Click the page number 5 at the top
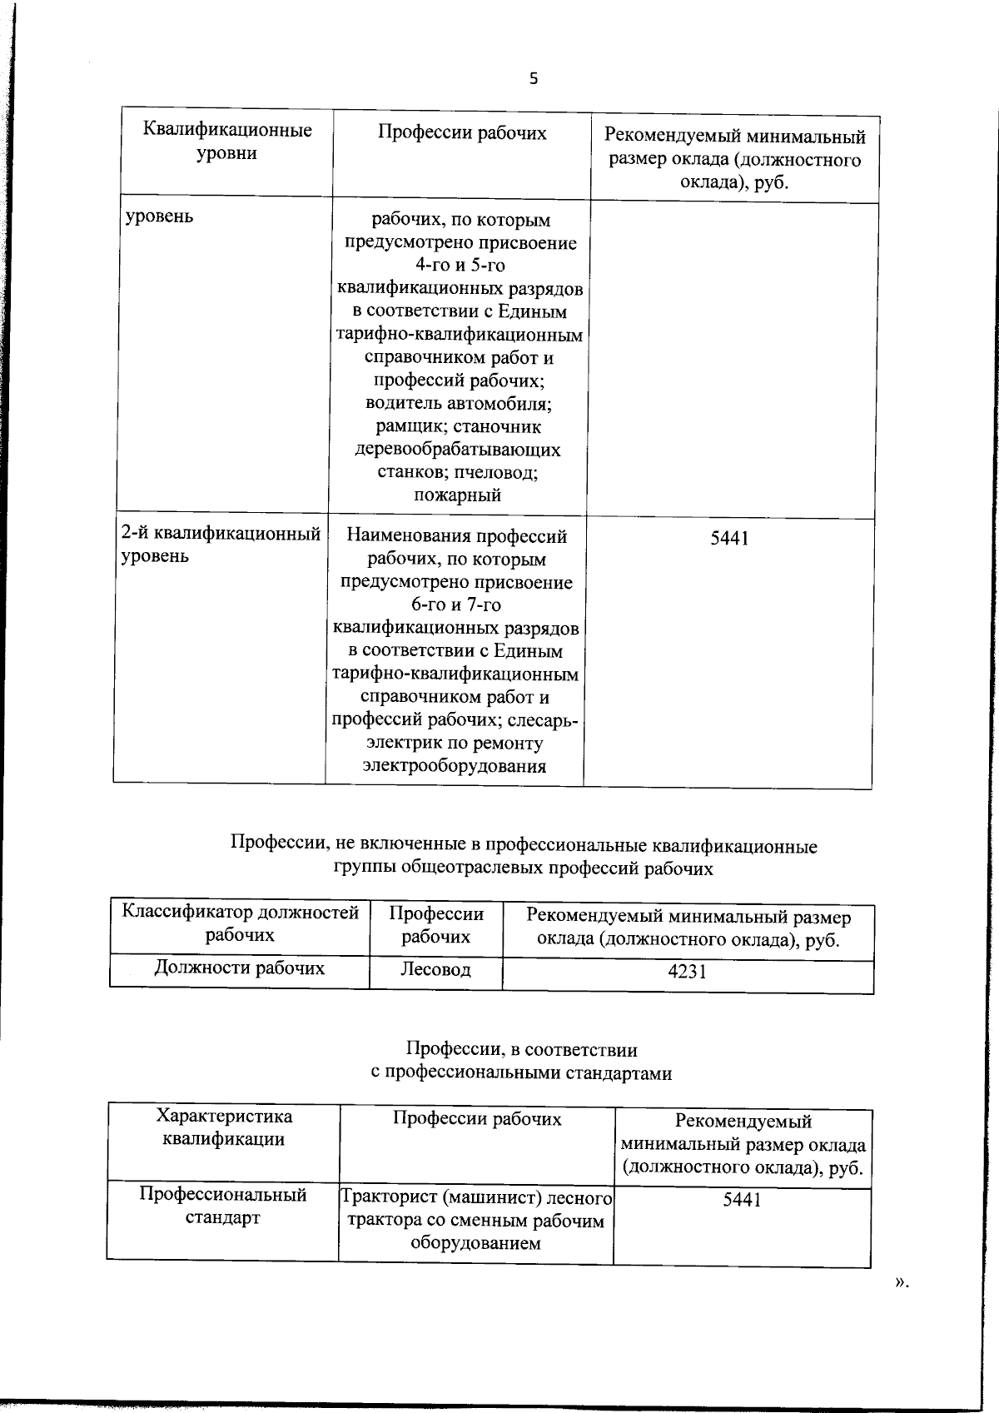click(x=533, y=79)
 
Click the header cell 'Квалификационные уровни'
click(x=227, y=142)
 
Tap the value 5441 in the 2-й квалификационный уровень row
click(x=729, y=538)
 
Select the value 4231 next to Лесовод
click(x=687, y=971)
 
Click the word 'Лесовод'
click(x=435, y=969)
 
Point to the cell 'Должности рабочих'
click(x=240, y=968)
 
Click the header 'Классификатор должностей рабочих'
click(x=241, y=923)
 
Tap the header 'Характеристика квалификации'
click(x=224, y=1128)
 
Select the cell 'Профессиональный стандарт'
click(x=223, y=1206)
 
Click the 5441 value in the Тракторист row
click(x=742, y=1199)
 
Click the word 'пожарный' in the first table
click(x=457, y=495)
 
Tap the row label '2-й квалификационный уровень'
click(x=221, y=545)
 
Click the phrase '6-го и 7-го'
click(x=456, y=605)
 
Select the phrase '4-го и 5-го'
click(x=460, y=266)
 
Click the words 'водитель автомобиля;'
click(x=459, y=404)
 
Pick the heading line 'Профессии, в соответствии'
click(x=522, y=1050)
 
